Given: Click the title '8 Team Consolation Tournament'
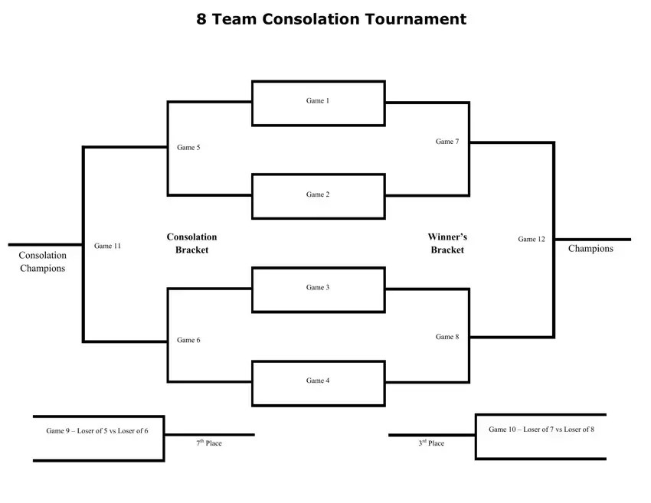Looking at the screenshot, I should (331, 19).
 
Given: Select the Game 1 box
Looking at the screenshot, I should (318, 103).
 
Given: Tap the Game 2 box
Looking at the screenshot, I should (318, 196).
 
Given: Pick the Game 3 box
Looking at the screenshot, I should (318, 289).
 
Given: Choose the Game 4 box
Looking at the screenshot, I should (318, 382).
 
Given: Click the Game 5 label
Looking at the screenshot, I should (188, 148).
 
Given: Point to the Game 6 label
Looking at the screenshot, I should (188, 341).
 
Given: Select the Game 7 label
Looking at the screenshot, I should (447, 142).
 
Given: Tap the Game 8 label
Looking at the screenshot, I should (447, 337).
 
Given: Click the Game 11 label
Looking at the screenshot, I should (107, 247).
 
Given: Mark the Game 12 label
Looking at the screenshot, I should (532, 240).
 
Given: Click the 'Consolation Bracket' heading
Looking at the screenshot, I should (191, 243).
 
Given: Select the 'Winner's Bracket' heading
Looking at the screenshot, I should (447, 243).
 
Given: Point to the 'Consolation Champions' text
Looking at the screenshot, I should (43, 262).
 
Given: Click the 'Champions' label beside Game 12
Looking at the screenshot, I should (590, 249).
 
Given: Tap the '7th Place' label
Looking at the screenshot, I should (209, 443).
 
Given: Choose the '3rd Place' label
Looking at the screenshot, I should (431, 443).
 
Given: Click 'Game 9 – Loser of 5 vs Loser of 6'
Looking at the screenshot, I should (97, 431).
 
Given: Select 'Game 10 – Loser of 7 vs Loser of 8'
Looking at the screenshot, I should (541, 430).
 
